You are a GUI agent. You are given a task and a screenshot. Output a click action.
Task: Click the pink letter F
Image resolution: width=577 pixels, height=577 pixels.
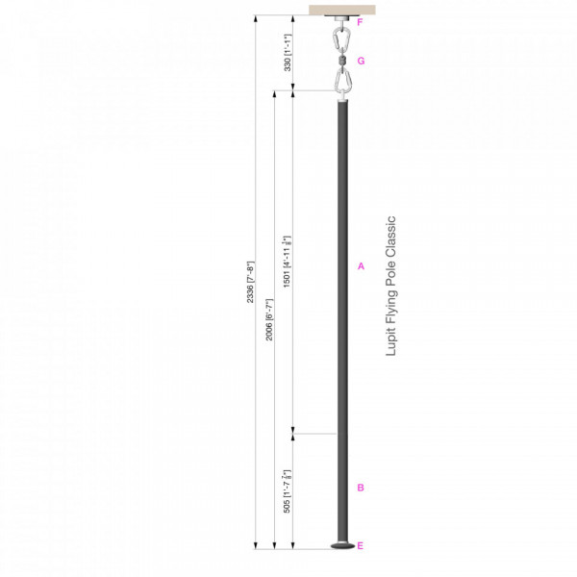[360, 20]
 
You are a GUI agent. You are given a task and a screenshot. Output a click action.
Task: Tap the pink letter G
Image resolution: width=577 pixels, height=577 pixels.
[361, 60]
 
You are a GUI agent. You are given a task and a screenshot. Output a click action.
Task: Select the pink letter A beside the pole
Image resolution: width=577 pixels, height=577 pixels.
[360, 265]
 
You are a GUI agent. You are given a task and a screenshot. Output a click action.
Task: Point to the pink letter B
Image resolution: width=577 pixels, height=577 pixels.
[360, 488]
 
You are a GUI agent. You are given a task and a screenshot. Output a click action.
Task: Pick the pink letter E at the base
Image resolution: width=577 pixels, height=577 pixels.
[360, 546]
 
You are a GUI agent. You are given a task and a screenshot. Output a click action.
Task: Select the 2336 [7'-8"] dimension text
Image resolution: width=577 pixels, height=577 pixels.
[250, 281]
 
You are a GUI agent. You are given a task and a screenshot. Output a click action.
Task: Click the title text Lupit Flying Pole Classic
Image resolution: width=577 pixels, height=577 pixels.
[390, 286]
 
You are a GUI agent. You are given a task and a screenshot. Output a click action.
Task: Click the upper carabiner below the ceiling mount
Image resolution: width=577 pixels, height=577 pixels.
[340, 39]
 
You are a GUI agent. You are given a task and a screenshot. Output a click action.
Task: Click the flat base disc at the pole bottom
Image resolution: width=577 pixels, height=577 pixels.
[340, 546]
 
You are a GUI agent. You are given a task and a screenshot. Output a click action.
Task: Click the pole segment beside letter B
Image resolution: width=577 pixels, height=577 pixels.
[340, 488]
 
